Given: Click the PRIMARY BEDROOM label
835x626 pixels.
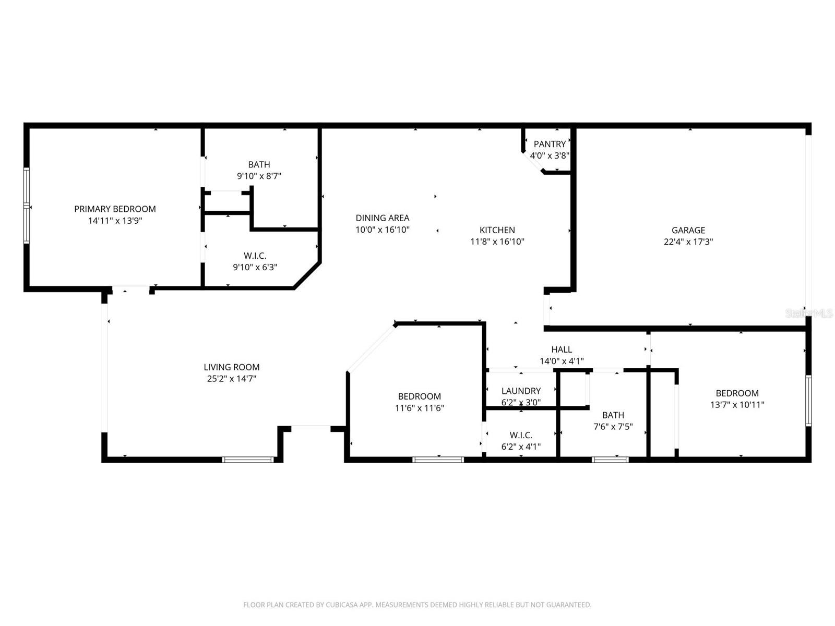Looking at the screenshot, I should [x=115, y=209].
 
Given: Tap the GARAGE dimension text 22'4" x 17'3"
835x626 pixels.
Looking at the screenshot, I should [x=688, y=242].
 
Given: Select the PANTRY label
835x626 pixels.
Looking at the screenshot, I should [x=550, y=144].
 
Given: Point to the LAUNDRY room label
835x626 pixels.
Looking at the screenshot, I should [x=521, y=391].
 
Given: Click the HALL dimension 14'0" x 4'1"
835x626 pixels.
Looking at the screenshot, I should [x=562, y=361].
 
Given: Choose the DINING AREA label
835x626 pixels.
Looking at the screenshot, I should [x=382, y=218].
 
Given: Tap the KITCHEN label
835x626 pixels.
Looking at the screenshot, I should [x=497, y=230].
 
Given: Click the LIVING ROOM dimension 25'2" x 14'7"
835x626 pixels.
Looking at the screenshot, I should [x=231, y=379].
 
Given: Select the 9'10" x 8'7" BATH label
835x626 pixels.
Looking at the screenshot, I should [x=259, y=165].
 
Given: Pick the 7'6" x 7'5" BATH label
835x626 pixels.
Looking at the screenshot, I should [x=613, y=415].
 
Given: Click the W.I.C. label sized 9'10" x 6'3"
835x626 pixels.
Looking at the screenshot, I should [x=255, y=256].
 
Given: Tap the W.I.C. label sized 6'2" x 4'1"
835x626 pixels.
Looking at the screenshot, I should [x=521, y=435].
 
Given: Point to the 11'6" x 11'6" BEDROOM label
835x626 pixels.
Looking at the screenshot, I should [x=419, y=396].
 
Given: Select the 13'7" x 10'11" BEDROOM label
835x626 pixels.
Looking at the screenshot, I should [x=737, y=393].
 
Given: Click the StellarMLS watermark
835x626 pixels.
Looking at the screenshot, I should [x=809, y=313].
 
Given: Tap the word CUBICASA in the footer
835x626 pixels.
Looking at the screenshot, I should [x=343, y=605].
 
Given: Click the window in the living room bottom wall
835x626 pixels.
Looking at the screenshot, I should [x=248, y=460].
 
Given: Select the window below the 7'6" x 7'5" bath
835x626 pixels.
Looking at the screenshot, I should [x=610, y=460].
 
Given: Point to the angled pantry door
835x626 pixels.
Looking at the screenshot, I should [x=533, y=162].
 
